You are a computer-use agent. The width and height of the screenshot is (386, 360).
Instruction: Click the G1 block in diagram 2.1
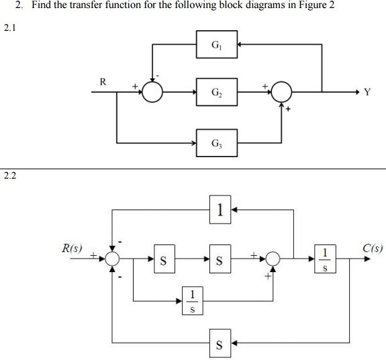click(x=218, y=46)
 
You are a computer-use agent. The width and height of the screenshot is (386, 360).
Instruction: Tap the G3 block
click(x=218, y=143)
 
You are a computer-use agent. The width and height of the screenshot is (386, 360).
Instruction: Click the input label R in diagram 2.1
click(x=103, y=82)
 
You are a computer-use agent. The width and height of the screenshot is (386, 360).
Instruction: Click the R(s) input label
click(x=70, y=249)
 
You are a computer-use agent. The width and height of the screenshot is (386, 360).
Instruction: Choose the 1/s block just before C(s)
click(x=326, y=258)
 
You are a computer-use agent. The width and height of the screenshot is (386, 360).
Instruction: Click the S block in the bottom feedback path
click(x=219, y=345)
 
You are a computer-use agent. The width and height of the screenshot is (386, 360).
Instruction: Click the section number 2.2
click(x=9, y=176)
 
